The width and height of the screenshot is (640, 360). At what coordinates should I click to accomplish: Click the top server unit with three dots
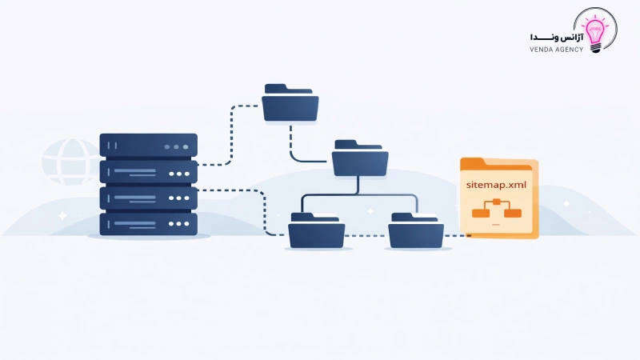click(148, 146)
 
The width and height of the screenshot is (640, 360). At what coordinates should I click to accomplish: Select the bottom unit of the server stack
click(148, 223)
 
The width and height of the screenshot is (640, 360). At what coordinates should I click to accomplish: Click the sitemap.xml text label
click(498, 185)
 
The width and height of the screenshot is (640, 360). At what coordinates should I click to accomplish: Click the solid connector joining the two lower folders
click(360, 194)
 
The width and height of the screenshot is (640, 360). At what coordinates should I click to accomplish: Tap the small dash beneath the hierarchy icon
click(497, 227)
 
